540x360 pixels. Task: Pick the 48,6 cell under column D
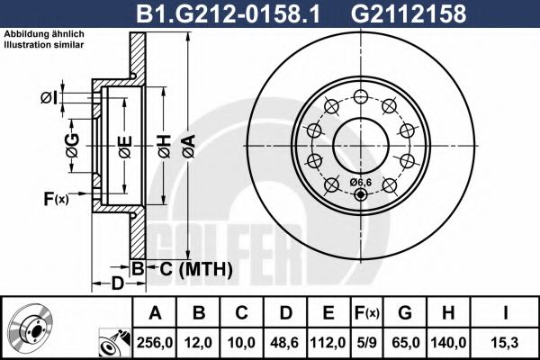click(285, 343)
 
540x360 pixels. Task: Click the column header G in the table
click(405, 312)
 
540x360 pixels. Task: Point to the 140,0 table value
click(447, 343)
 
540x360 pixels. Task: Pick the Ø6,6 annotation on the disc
click(360, 183)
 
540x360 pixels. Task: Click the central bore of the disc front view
click(360, 140)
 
